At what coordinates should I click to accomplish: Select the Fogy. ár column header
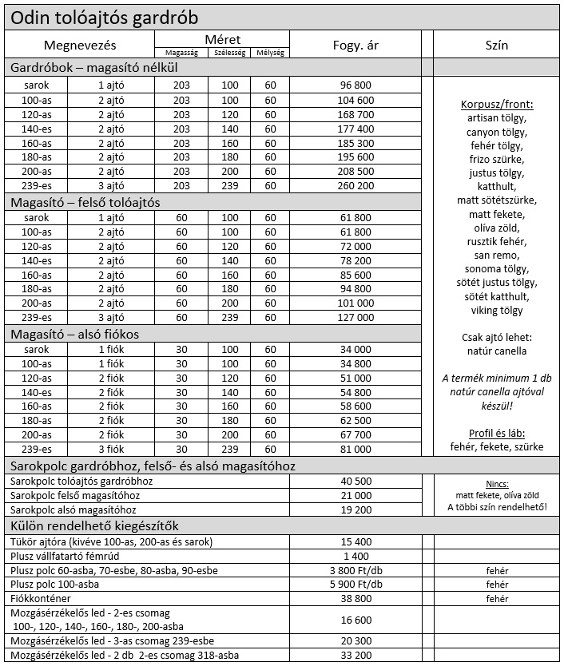[355, 45]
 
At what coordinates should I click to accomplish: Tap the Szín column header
[496, 45]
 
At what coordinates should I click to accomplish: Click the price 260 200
[355, 186]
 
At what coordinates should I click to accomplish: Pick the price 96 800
[355, 85]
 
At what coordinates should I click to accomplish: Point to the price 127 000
[355, 317]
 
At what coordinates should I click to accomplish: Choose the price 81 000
[355, 449]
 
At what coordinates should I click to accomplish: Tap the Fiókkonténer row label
[40, 597]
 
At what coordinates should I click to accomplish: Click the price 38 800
[355, 597]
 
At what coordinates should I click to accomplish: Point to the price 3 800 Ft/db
[355, 570]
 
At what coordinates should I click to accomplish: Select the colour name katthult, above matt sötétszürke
[496, 186]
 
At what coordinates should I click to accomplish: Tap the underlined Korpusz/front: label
[496, 105]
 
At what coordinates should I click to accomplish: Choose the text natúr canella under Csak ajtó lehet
[496, 351]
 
